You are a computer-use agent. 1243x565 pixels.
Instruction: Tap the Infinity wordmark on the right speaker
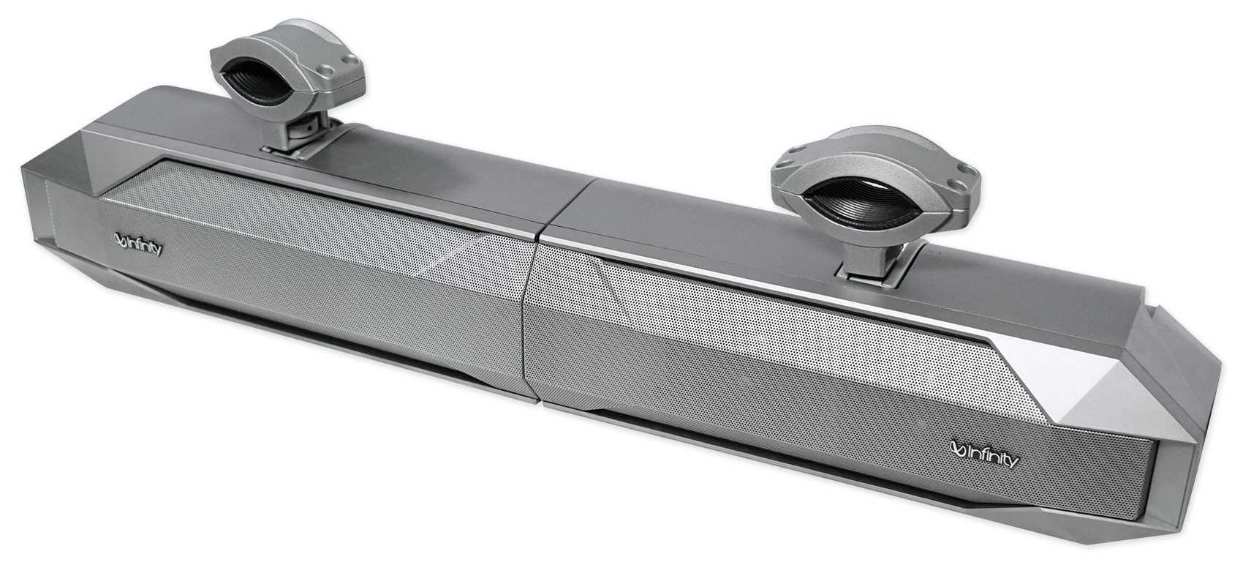991,461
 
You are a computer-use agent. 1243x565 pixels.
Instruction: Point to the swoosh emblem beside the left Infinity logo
121,240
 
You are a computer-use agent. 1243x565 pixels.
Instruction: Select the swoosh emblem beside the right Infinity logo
959,460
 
